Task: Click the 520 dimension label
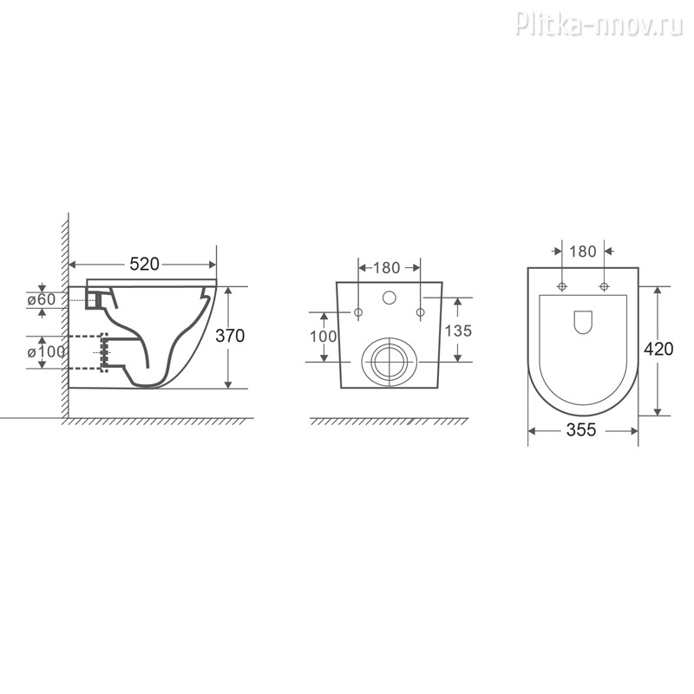click(x=144, y=265)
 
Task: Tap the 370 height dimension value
click(x=230, y=336)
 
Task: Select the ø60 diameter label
click(x=41, y=299)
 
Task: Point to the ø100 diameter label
click(x=46, y=352)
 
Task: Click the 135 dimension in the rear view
click(x=458, y=331)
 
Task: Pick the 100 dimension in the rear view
click(x=323, y=337)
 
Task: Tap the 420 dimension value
click(x=658, y=350)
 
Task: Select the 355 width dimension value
click(x=581, y=429)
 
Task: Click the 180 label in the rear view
click(x=386, y=268)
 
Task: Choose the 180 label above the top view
click(x=583, y=252)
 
